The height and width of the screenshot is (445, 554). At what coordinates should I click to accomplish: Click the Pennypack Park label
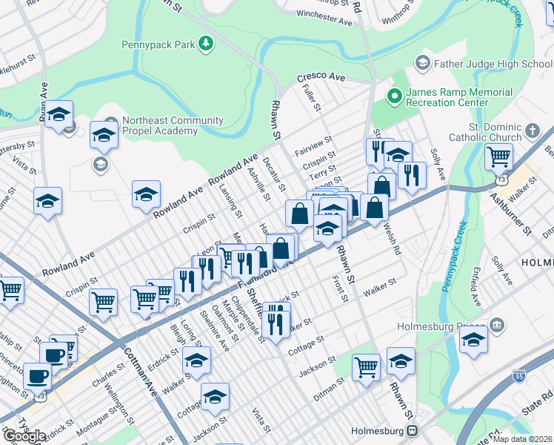pyautogui.click(x=158, y=44)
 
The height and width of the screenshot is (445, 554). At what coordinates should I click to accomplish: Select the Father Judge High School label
pyautogui.click(x=493, y=64)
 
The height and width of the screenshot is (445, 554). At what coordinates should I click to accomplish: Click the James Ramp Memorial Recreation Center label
pyautogui.click(x=458, y=97)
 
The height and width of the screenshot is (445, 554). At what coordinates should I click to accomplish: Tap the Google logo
pyautogui.click(x=24, y=436)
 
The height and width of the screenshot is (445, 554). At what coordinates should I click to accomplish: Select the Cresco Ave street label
pyautogui.click(x=321, y=76)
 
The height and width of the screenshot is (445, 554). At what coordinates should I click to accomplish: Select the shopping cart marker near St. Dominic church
pyautogui.click(x=499, y=156)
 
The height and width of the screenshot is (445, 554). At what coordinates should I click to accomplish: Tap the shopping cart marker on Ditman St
pyautogui.click(x=367, y=366)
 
